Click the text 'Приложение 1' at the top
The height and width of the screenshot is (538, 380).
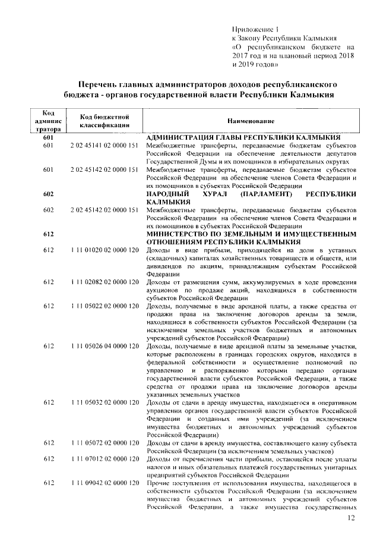[x=254, y=29]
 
